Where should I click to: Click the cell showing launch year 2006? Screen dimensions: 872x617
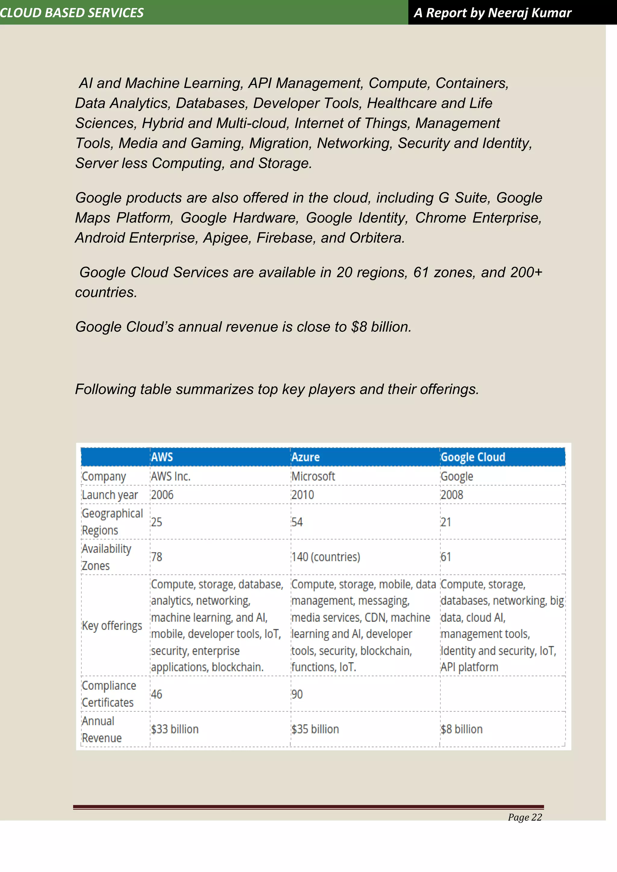coord(162,495)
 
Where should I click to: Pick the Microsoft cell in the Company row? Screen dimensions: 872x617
coord(313,476)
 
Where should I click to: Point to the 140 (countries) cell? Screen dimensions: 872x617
coord(326,557)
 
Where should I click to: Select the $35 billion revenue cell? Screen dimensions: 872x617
coord(315,729)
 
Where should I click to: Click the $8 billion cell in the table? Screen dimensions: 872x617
coord(461,729)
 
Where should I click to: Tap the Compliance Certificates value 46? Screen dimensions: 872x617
coord(157,694)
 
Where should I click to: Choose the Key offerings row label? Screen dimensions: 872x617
coord(112,625)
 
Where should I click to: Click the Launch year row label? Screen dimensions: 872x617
coord(110,495)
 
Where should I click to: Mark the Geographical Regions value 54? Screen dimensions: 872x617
coord(297,522)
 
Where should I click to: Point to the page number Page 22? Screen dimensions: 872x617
coord(525,817)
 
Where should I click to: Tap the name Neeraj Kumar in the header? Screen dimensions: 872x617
coord(529,13)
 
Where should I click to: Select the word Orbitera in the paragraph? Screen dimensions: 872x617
coord(377,238)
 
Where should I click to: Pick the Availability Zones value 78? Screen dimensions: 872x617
coord(157,557)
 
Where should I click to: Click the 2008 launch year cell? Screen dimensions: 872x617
coord(452,495)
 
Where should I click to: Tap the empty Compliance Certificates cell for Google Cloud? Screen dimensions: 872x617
coord(502,694)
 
